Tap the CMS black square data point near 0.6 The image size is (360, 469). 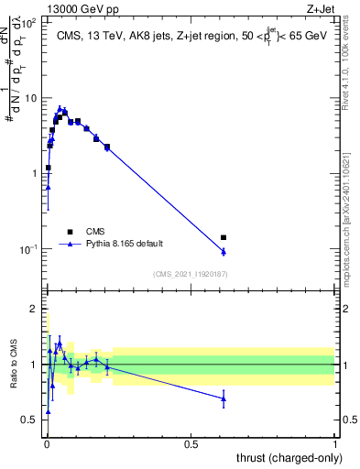click(224, 237)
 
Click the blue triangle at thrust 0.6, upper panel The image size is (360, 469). click(224, 252)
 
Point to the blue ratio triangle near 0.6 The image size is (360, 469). click(224, 398)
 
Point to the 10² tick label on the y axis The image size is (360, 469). click(30, 22)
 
